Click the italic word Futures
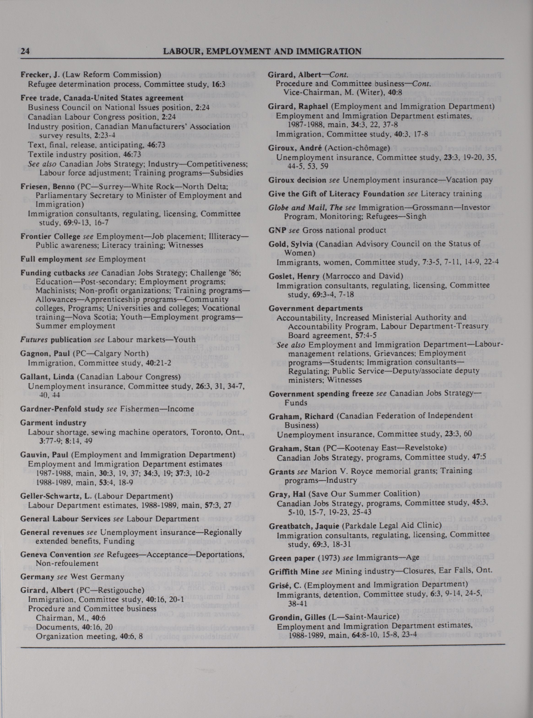(x=32, y=339)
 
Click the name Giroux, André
(x=290, y=148)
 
